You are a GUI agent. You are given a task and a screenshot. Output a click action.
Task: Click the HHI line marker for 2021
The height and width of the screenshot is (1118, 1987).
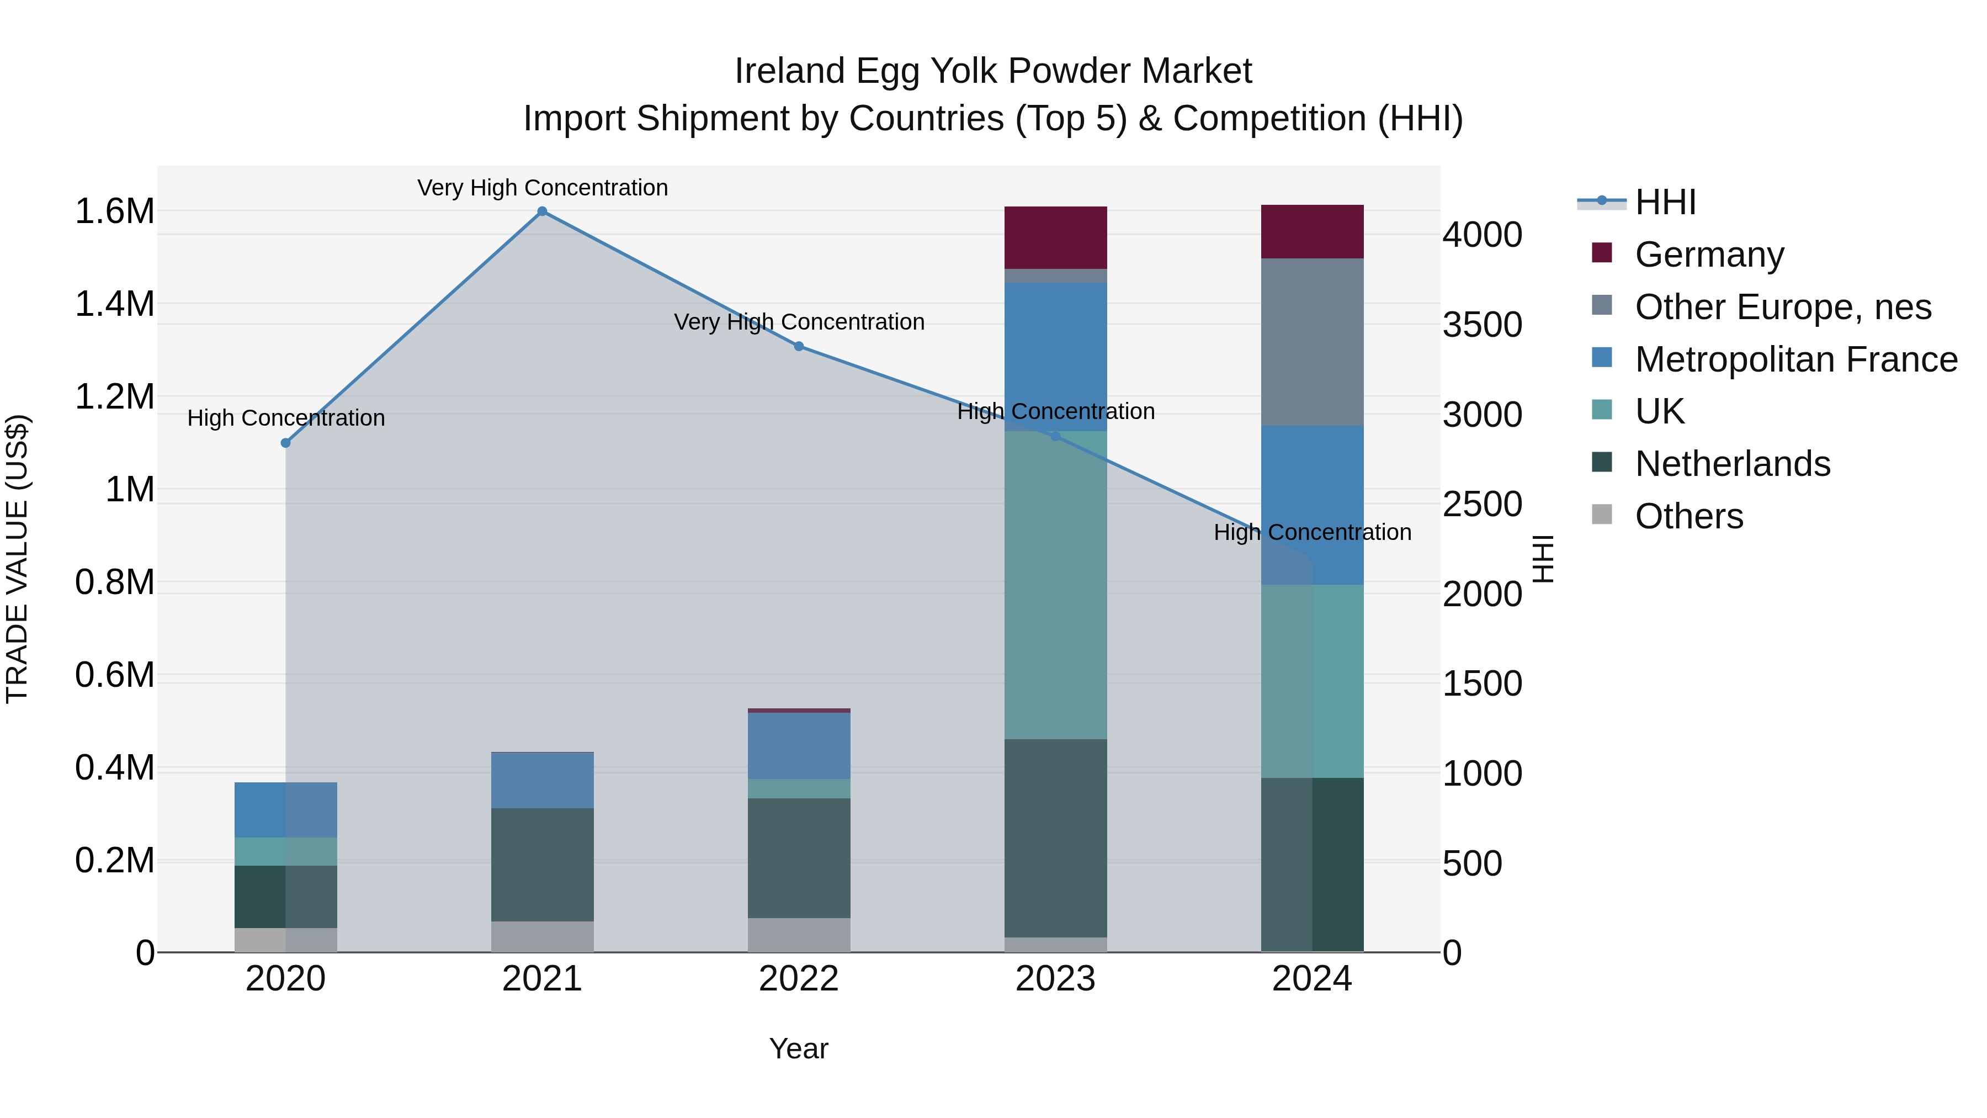coord(542,211)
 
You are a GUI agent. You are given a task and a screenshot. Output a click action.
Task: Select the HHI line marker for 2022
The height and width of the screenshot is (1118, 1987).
coord(799,346)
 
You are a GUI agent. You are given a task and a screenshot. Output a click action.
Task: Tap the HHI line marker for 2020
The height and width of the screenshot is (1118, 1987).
coord(285,443)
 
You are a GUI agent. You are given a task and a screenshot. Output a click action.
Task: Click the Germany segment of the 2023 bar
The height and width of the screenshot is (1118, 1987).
coord(1055,237)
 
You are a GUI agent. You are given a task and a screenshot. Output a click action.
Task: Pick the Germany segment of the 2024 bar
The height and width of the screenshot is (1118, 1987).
coord(1312,231)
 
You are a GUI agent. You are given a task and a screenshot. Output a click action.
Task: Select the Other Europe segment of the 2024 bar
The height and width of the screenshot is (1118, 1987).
coord(1312,342)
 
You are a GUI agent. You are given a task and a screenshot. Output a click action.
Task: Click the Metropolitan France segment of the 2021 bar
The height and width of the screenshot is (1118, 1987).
coord(542,780)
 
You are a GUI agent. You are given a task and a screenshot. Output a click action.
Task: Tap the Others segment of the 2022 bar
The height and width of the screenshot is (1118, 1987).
coord(799,934)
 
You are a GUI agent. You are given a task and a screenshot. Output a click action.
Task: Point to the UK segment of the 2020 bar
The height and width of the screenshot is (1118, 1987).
coord(285,851)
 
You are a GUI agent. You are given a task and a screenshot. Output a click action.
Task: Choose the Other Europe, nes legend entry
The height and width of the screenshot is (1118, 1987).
coord(1783,307)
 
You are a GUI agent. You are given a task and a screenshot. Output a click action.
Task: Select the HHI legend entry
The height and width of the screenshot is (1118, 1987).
coord(1665,202)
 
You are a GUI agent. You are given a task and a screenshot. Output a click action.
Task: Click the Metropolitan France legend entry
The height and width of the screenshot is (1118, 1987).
coord(1795,359)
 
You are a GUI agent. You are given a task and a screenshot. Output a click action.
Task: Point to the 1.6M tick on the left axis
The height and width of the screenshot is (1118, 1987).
coord(114,211)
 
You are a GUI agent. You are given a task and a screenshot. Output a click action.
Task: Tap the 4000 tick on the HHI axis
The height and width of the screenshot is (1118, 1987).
coord(1482,235)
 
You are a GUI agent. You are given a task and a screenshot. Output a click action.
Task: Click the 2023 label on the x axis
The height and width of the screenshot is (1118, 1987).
coord(1055,979)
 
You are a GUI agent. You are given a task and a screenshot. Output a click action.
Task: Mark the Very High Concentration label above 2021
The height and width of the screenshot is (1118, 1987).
coord(542,188)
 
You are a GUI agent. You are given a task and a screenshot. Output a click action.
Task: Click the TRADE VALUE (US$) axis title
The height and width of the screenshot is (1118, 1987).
coord(17,559)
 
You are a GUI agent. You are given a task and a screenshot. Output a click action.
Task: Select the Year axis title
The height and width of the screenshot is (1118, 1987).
coord(798,1048)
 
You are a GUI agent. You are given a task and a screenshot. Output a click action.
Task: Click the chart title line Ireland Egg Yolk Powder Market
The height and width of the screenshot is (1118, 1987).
coord(993,71)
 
